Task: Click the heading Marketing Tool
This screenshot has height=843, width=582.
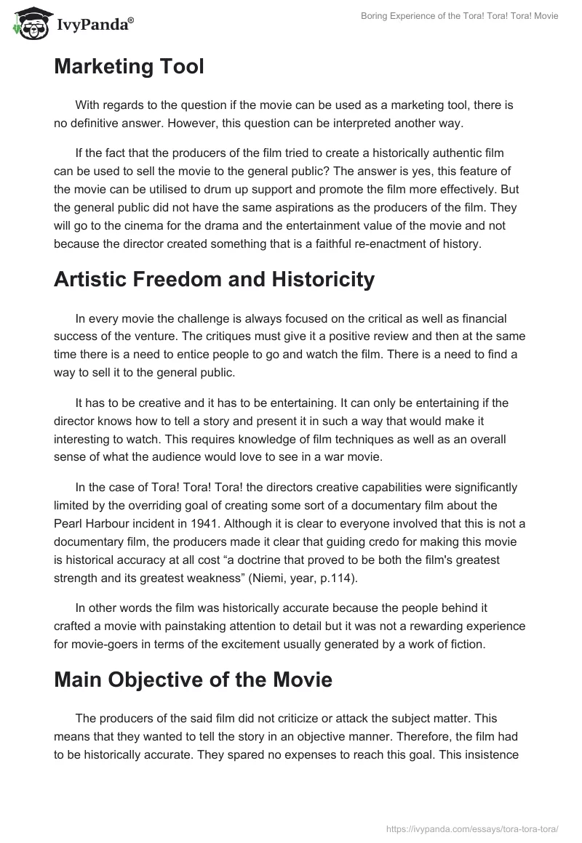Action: point(129,67)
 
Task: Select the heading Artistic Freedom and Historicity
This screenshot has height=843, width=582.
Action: point(215,279)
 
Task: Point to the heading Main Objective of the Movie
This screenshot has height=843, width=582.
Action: point(193,680)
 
